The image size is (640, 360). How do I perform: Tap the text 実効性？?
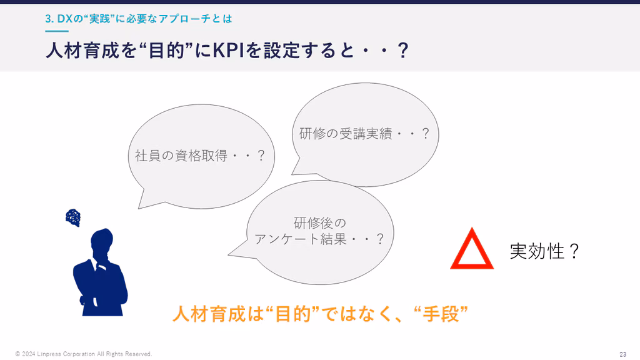click(545, 251)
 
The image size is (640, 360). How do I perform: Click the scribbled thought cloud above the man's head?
click(73, 217)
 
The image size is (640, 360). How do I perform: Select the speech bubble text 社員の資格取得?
click(181, 156)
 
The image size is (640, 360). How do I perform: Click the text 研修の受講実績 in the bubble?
click(345, 134)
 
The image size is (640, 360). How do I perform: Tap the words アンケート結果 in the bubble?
click(301, 239)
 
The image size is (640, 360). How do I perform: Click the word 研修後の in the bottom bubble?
click(320, 223)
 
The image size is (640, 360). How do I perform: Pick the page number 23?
click(623, 354)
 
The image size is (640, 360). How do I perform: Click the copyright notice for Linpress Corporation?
click(84, 354)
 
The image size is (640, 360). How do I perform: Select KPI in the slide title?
click(229, 51)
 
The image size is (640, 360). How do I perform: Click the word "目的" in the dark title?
click(165, 51)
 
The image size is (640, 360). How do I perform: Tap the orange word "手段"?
click(441, 314)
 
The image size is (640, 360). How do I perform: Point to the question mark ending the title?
click(403, 51)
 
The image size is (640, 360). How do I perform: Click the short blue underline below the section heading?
click(57, 31)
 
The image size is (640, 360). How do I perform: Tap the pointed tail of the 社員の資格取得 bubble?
click(139, 208)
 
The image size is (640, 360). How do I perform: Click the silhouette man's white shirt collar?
click(96, 265)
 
